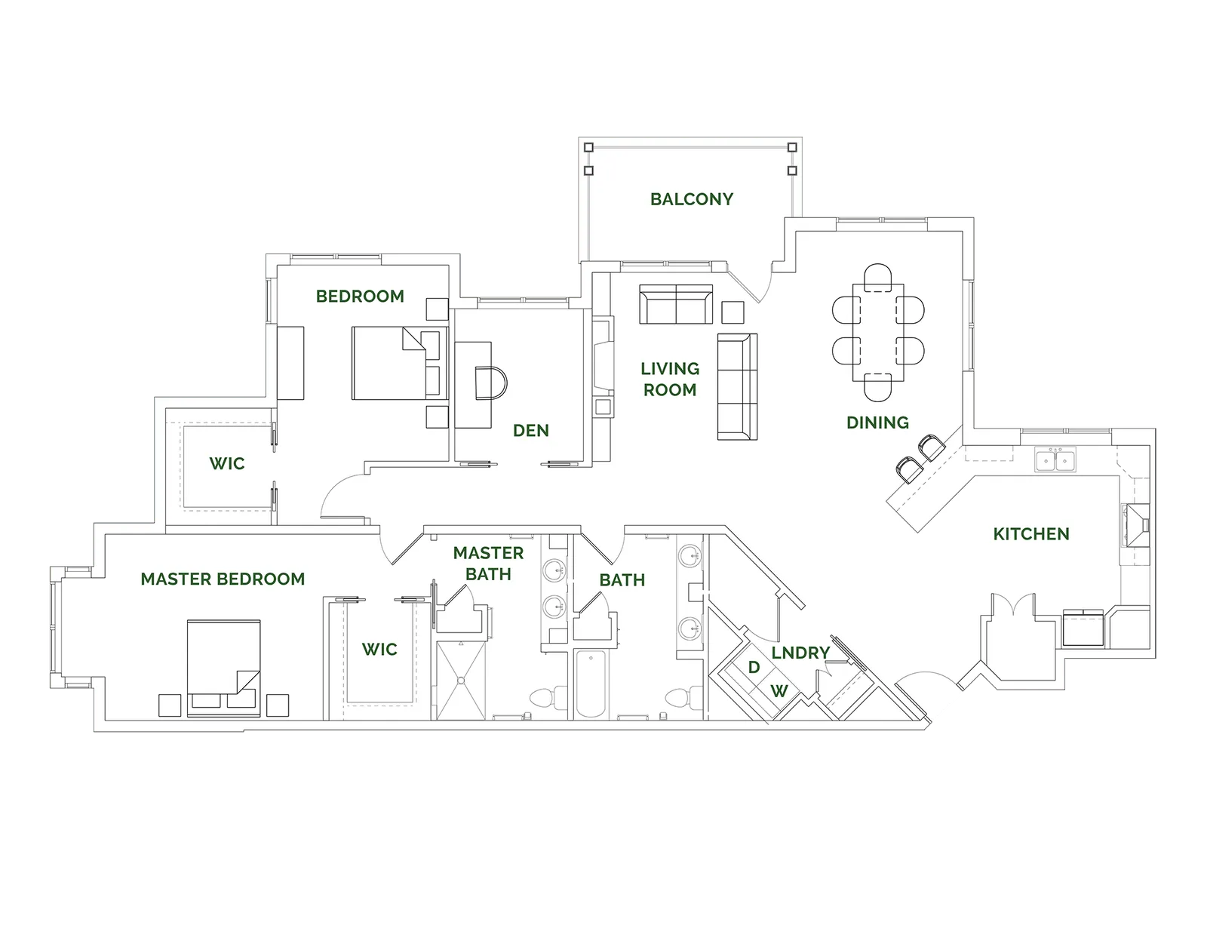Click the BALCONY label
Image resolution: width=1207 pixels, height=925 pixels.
tap(692, 199)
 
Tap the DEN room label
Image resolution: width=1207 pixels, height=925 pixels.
tap(531, 430)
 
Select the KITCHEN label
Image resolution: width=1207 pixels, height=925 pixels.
tap(1030, 534)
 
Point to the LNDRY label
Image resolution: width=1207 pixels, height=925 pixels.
tap(800, 653)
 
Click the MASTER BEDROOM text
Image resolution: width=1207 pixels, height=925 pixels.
tap(223, 579)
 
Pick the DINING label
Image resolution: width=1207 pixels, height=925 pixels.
tap(877, 423)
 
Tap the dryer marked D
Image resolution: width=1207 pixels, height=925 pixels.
tap(753, 668)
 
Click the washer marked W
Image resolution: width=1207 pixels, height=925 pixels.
tap(779, 690)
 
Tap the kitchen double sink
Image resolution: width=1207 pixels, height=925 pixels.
tap(1055, 460)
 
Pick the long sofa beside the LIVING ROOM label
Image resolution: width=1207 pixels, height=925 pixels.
tap(736, 386)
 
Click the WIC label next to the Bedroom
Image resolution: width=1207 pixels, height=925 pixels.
tap(227, 462)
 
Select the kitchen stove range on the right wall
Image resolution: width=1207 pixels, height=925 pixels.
tap(1136, 525)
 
